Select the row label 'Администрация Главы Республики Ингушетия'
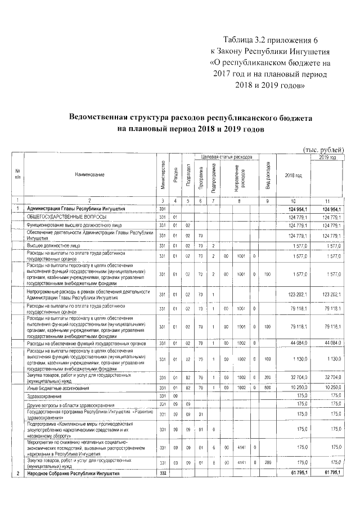pyautogui.click(x=75, y=209)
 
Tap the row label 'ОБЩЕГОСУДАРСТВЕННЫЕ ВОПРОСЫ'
pyautogui.click(x=62, y=217)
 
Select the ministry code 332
pyautogui.click(x=163, y=475)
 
